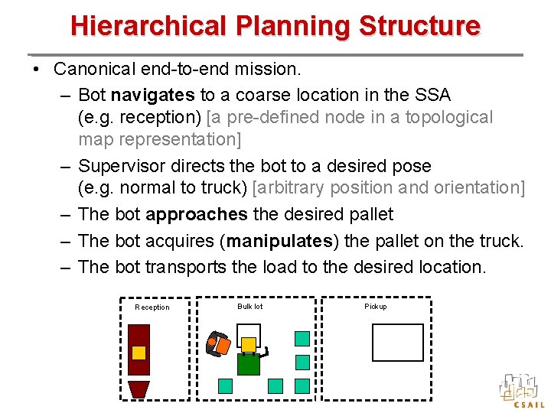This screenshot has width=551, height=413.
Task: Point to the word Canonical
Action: pos(93,69)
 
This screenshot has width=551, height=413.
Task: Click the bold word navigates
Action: pos(152,95)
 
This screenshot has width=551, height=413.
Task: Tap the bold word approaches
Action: pos(196,215)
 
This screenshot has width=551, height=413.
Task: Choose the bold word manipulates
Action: pos(279,241)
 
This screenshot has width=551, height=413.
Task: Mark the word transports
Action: pos(188,267)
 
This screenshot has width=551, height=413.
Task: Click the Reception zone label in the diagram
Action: pos(152,307)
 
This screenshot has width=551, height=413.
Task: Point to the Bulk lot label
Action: pos(249,307)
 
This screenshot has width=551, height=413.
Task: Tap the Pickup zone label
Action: pos(375,307)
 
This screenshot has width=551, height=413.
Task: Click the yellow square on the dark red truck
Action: pos(139,353)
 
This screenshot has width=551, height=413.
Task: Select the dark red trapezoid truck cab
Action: pos(139,389)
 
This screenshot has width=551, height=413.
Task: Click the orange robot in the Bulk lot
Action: pos(219,345)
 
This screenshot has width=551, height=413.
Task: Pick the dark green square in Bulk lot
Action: pos(248,363)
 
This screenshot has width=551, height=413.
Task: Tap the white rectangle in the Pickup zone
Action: pos(397,342)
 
